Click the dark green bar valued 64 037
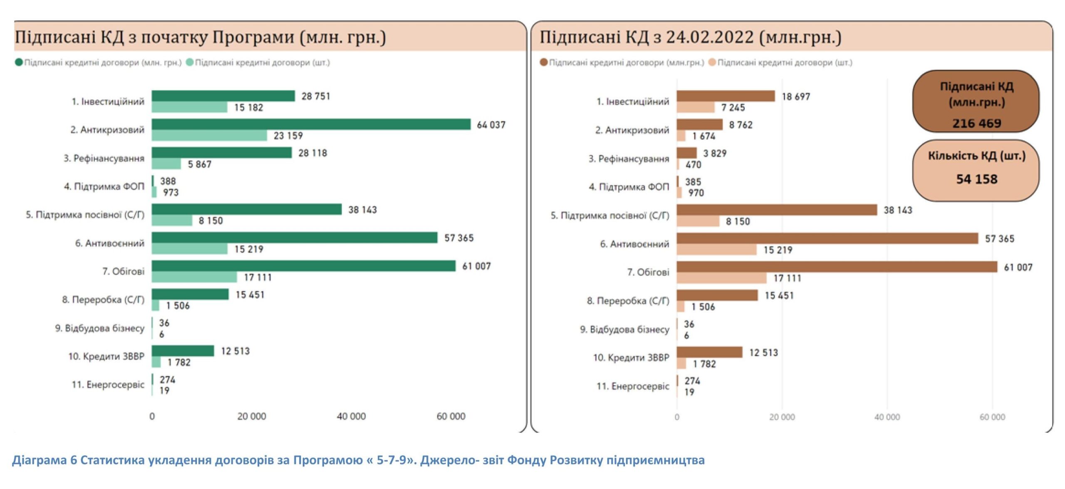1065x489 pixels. [x=311, y=124]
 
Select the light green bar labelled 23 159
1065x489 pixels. [x=209, y=135]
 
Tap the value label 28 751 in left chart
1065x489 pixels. [x=316, y=96]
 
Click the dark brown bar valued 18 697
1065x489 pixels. [x=725, y=96]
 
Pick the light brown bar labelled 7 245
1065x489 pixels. [x=695, y=108]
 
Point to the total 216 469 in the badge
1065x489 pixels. [x=976, y=123]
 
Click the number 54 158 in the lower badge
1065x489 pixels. [x=976, y=179]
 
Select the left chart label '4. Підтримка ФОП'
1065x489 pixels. [x=104, y=187]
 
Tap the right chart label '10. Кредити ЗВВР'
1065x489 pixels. [x=631, y=357]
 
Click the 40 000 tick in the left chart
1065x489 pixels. [x=351, y=416]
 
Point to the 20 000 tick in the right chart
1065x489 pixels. [x=782, y=417]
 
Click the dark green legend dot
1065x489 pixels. [x=19, y=62]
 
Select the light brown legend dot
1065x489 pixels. [x=712, y=62]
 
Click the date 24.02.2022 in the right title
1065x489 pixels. [x=710, y=37]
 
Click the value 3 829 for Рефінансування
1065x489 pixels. [x=715, y=153]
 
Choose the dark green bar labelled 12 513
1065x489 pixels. [x=183, y=351]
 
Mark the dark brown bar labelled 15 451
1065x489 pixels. [x=717, y=295]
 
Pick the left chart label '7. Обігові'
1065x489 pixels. [x=123, y=271]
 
